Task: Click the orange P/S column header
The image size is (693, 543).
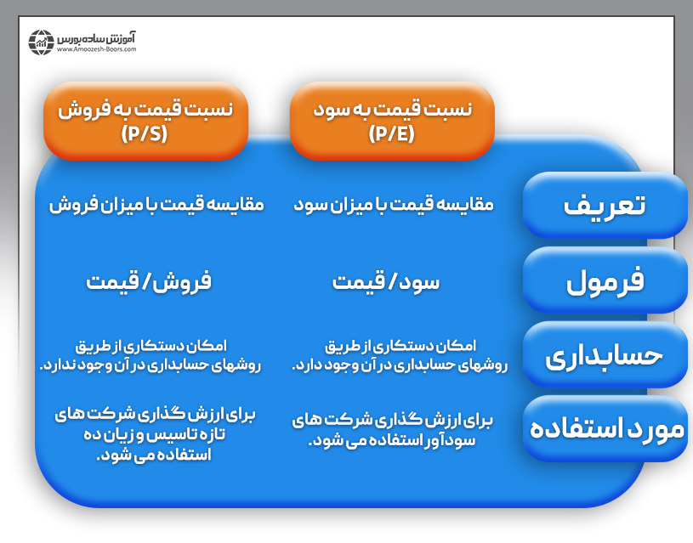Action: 145,121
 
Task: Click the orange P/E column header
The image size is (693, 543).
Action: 391,121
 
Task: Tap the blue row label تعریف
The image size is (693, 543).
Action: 605,205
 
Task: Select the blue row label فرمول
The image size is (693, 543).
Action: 605,281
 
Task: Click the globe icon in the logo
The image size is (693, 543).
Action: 42,42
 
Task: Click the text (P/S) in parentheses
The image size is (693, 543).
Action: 146,133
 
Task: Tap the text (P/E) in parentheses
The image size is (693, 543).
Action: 392,133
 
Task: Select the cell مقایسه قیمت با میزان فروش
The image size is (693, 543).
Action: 156,205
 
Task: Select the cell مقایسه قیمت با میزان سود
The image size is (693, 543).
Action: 394,205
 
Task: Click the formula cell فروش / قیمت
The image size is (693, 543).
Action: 149,281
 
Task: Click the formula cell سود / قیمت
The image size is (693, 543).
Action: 386,281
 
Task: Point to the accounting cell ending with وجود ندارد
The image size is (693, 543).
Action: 150,355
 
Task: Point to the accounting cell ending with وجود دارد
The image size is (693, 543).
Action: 400,355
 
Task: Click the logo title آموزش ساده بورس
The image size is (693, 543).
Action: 97,37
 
